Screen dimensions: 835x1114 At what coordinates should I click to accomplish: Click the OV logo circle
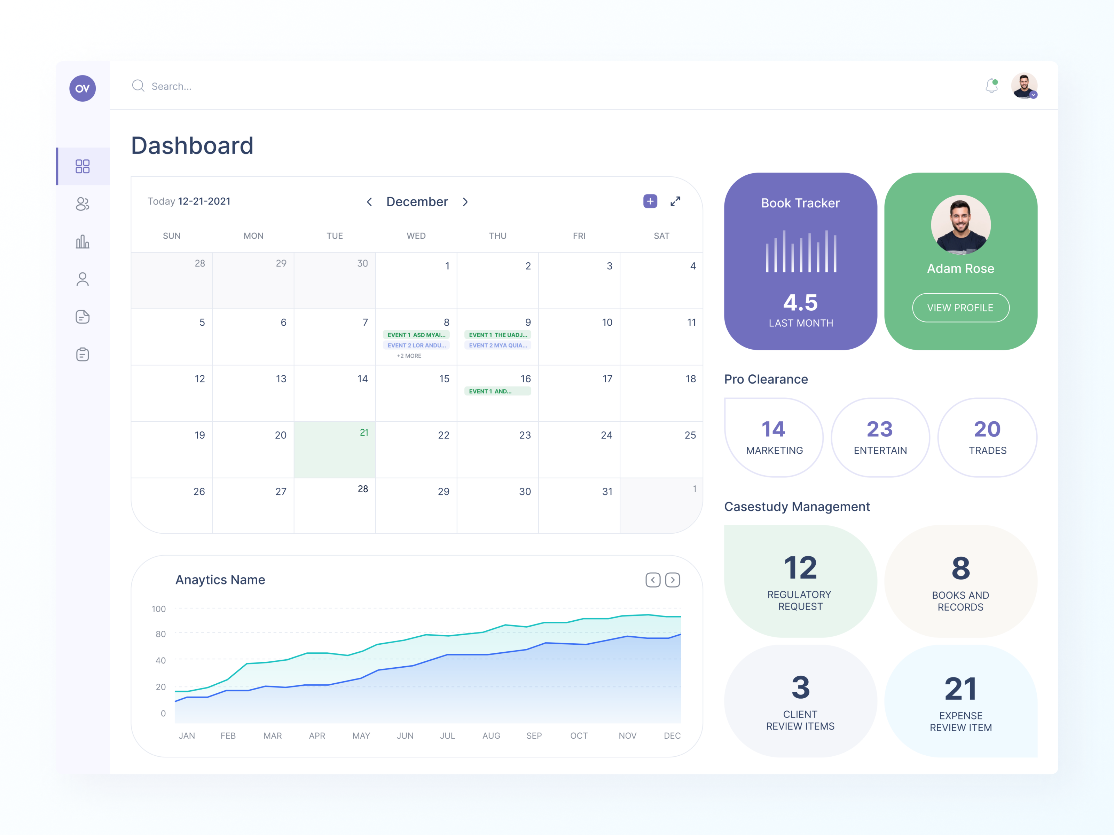point(83,89)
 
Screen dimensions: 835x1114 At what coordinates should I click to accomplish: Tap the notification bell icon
point(991,86)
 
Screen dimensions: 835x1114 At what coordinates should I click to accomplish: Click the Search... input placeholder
point(171,87)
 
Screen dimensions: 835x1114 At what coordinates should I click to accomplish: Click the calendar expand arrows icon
point(675,201)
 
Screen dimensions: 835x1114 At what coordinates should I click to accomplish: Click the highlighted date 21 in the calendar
point(363,433)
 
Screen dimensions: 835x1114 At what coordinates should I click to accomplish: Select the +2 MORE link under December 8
point(409,356)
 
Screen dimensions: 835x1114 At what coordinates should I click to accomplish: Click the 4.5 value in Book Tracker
point(800,302)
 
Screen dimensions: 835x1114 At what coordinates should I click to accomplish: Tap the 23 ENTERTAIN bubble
point(880,437)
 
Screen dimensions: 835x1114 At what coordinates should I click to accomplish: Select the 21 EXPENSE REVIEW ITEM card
point(960,701)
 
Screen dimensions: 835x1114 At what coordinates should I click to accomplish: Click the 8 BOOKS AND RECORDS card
point(960,581)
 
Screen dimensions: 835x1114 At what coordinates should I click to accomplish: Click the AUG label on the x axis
point(491,736)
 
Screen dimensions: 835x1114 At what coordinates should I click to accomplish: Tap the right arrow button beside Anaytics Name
point(672,580)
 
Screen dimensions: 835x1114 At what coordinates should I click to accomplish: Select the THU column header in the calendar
point(497,236)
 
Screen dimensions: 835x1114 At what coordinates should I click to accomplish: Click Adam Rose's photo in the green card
point(960,224)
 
